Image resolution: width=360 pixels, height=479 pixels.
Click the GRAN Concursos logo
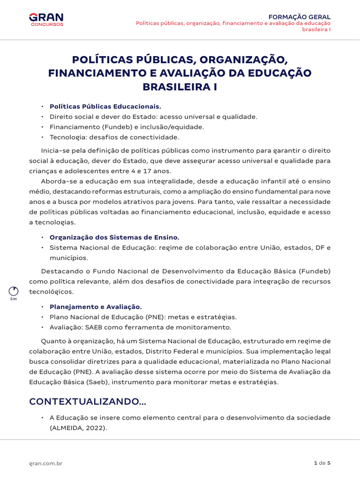click(46, 19)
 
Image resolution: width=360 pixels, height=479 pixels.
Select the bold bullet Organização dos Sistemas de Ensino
click(114, 237)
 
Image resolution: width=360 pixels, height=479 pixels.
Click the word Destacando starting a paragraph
click(60, 271)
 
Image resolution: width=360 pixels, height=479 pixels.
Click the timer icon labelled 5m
click(14, 290)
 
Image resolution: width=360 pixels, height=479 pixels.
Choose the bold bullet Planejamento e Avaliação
click(96, 307)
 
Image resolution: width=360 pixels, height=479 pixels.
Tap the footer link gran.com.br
click(46, 463)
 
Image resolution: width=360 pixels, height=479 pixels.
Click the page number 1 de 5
click(322, 463)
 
